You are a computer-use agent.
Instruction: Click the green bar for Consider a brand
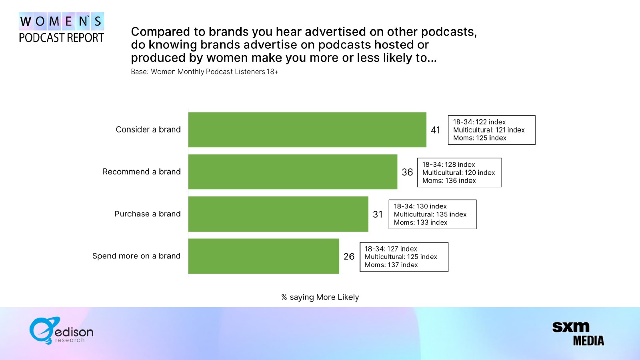[307, 130]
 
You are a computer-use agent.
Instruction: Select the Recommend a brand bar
[292, 172]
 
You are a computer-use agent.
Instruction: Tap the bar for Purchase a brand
[278, 214]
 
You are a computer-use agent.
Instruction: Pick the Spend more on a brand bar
[264, 256]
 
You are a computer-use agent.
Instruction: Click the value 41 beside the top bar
[436, 130]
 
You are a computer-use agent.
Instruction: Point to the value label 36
[407, 172]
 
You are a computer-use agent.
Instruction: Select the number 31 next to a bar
[378, 214]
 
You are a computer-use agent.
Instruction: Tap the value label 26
[349, 256]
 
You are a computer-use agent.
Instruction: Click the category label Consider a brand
[148, 130]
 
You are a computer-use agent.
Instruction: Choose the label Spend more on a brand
[136, 256]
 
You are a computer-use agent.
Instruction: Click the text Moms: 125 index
[480, 138]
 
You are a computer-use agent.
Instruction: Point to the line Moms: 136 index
[449, 180]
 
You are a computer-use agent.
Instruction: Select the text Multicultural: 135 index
[430, 214]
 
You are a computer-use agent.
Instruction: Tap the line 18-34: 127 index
[391, 248]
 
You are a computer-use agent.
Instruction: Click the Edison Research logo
[62, 330]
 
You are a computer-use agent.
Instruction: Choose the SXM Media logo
[578, 334]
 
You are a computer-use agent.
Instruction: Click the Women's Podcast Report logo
[62, 28]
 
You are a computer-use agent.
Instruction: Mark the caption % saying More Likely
[320, 297]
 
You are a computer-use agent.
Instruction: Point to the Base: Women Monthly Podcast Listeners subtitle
[204, 72]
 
